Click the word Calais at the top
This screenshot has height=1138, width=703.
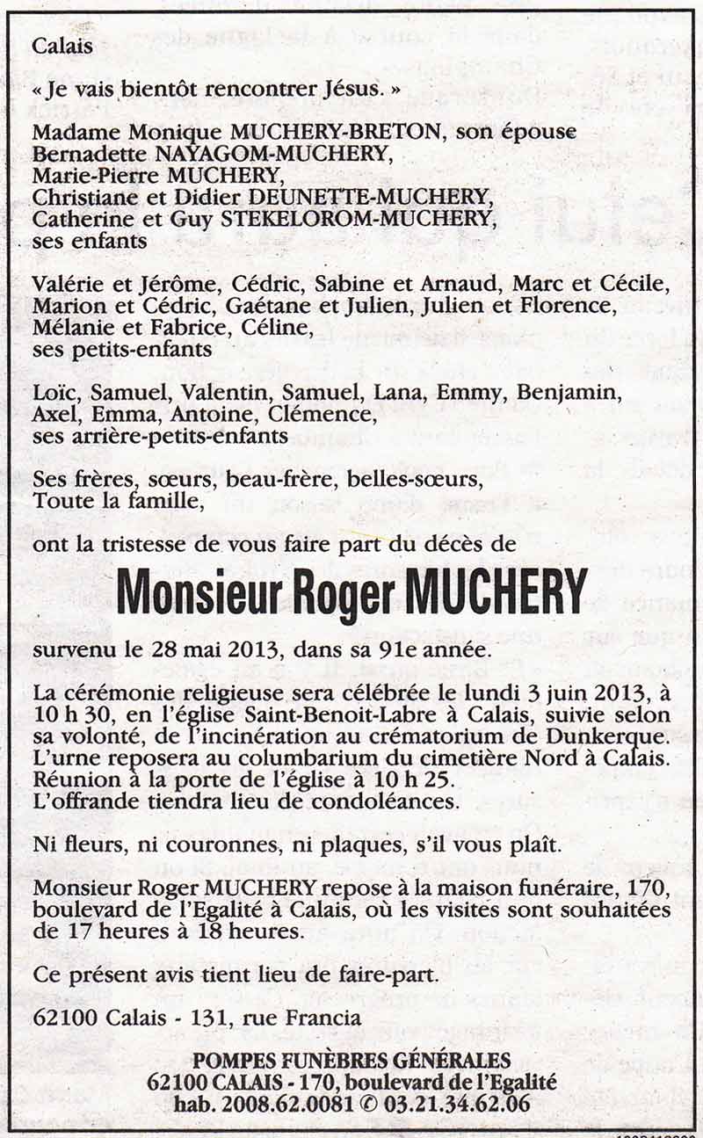[62, 47]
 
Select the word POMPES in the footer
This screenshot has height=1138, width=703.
[233, 1061]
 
